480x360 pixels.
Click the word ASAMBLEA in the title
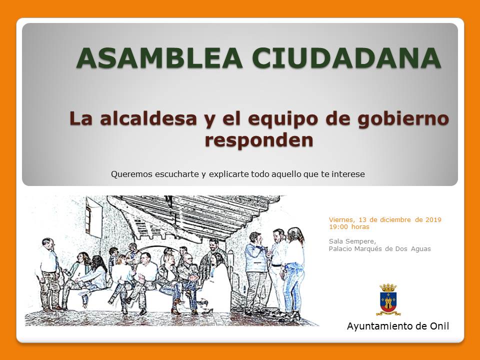coord(159,58)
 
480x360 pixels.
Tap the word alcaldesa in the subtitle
coord(148,118)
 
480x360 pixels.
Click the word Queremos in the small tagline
coord(131,174)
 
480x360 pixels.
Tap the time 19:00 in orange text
coord(338,227)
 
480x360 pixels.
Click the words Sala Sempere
coord(352,241)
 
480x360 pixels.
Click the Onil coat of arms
coord(388,300)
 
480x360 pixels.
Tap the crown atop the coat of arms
coord(388,288)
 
